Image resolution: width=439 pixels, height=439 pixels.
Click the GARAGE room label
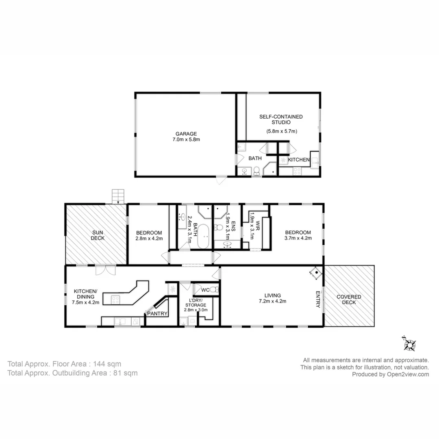pyautogui.click(x=186, y=133)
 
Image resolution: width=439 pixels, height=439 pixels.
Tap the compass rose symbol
pyautogui.click(x=409, y=344)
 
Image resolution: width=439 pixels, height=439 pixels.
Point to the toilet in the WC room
pyautogui.click(x=214, y=290)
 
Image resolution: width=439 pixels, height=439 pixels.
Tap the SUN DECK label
pyautogui.click(x=97, y=235)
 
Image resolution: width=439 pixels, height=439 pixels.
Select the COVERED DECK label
pyautogui.click(x=349, y=300)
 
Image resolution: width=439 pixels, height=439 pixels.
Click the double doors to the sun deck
pyautogui.click(x=106, y=270)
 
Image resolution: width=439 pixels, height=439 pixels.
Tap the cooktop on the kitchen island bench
pyautogui.click(x=115, y=300)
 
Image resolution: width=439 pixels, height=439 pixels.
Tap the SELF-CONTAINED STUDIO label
pyautogui.click(x=281, y=119)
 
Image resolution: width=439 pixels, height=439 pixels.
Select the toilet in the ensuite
pyautogui.click(x=219, y=227)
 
